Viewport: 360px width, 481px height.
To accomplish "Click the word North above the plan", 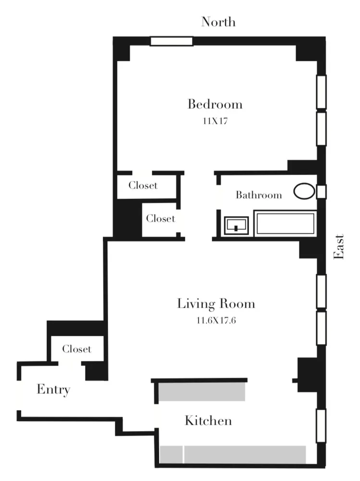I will click(x=218, y=22).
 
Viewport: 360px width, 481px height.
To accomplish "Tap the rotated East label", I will click(x=339, y=247).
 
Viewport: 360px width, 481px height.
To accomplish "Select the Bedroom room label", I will click(x=214, y=104).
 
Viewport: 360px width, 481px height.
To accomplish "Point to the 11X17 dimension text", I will click(x=215, y=121).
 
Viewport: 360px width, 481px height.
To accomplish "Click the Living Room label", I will click(x=216, y=304).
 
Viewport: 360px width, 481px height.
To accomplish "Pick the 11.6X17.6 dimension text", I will click(x=216, y=319).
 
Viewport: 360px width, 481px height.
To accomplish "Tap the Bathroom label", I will click(x=258, y=195).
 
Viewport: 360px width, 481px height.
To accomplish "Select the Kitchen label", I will click(x=208, y=420).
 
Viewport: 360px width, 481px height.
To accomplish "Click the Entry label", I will click(x=53, y=389).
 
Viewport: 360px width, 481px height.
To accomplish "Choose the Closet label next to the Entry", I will click(x=77, y=349).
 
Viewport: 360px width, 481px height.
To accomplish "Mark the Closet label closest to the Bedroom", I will click(x=143, y=185).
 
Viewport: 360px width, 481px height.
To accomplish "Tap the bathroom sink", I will click(x=236, y=225).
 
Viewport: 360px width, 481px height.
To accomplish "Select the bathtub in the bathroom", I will click(x=286, y=224).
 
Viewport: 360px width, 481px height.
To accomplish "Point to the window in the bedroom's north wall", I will click(x=171, y=41).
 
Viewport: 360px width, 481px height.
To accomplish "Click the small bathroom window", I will click(x=322, y=191).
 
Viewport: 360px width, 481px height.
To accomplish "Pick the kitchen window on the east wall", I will click(x=321, y=426).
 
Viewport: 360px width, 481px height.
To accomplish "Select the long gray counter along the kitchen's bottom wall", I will click(x=245, y=454).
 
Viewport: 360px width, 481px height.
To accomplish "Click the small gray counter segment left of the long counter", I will click(x=171, y=454).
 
